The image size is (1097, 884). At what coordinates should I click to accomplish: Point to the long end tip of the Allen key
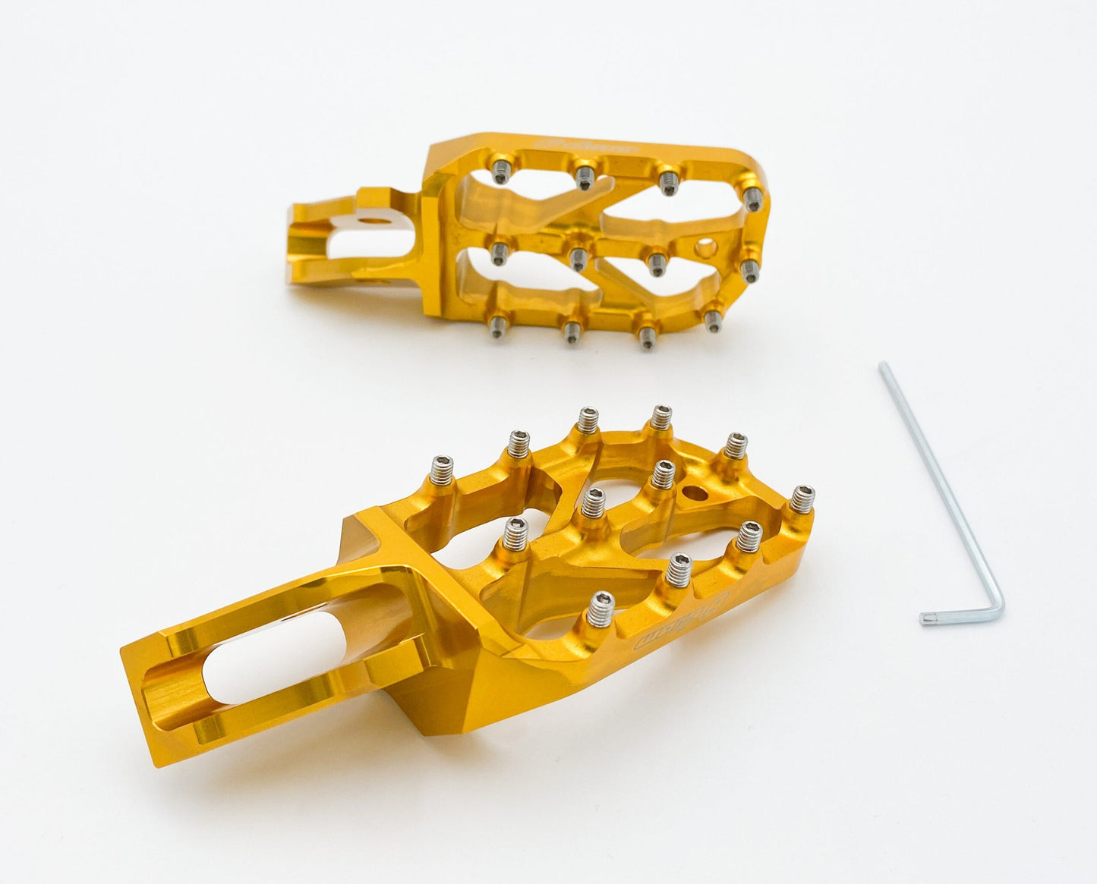pos(882,366)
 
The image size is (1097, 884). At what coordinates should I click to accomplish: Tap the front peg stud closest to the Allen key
pos(802,499)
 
